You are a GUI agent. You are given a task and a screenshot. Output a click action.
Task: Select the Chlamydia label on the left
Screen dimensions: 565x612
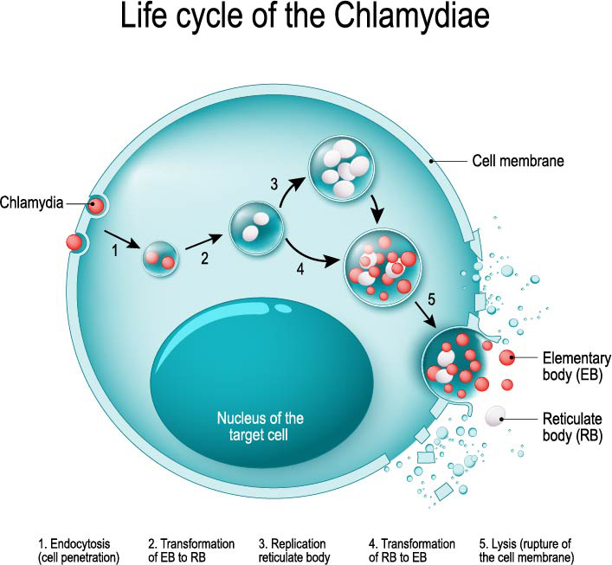click(33, 204)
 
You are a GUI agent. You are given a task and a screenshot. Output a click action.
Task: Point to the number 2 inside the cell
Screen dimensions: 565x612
click(204, 257)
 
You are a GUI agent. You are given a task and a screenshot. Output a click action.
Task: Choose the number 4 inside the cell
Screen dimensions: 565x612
click(300, 269)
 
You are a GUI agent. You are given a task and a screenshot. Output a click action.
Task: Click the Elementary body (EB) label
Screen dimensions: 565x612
click(577, 366)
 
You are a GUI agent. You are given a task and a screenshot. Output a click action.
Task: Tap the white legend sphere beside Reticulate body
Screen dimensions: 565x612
click(496, 417)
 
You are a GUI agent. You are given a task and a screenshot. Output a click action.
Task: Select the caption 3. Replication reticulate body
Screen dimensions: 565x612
click(294, 550)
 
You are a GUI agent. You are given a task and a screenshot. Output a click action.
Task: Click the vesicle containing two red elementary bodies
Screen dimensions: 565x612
click(159, 257)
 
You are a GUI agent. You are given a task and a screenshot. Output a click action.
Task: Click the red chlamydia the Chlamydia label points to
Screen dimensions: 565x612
click(97, 206)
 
